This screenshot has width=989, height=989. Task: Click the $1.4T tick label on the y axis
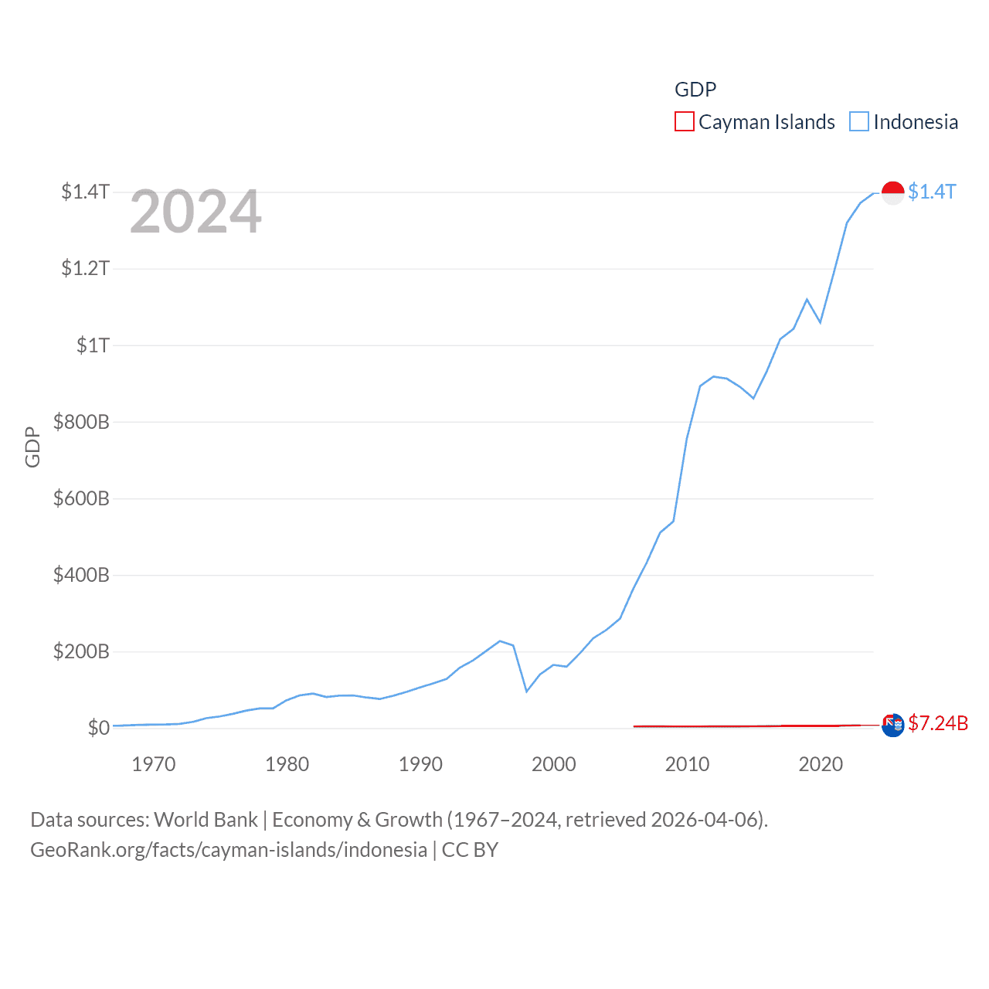85,192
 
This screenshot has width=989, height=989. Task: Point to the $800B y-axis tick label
80,422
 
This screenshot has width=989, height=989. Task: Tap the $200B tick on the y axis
80,651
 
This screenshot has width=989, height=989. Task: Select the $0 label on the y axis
98,728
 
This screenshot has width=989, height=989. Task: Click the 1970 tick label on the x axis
154,765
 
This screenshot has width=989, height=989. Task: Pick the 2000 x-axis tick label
554,765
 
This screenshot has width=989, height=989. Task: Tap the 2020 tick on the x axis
821,765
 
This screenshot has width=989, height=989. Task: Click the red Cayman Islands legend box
685,122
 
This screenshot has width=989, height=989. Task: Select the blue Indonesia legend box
859,122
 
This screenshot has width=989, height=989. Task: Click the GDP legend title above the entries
695,90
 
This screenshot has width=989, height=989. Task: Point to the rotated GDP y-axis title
32,447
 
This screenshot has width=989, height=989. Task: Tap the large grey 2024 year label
195,212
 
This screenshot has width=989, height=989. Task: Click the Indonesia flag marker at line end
893,192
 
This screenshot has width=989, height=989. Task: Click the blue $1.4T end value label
932,192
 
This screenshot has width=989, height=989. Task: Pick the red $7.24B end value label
938,723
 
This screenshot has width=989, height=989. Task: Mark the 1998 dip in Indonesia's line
527,691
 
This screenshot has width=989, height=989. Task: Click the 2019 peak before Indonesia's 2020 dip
807,299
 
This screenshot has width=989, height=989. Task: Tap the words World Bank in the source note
206,820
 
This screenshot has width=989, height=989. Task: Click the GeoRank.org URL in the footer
229,850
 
